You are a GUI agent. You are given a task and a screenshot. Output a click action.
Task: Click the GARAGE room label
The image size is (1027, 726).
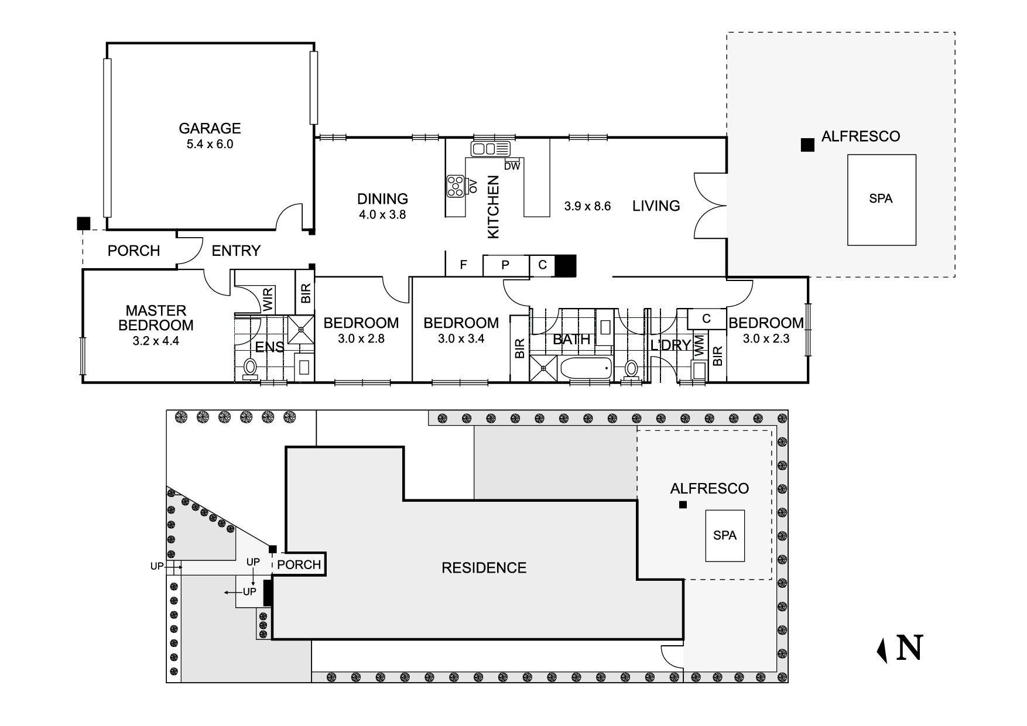click(210, 128)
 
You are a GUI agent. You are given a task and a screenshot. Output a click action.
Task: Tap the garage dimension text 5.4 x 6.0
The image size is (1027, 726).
click(210, 144)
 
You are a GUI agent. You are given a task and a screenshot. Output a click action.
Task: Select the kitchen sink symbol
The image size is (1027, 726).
click(491, 149)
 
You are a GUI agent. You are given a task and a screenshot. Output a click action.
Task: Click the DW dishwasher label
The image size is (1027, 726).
click(512, 166)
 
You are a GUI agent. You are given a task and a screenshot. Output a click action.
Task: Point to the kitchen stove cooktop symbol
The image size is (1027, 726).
click(455, 186)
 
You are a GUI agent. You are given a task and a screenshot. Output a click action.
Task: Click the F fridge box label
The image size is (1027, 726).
click(463, 265)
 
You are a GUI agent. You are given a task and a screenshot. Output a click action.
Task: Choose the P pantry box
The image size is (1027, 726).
click(505, 265)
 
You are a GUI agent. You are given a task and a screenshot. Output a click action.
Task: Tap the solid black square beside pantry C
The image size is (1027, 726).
click(566, 265)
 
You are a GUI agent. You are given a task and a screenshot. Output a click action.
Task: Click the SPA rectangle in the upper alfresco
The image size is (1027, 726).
click(881, 199)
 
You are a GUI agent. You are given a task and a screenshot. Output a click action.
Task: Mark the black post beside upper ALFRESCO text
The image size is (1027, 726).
click(807, 145)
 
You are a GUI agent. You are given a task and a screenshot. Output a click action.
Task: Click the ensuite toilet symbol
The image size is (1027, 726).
click(251, 368)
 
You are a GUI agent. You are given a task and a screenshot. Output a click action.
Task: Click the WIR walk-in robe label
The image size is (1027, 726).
click(268, 300)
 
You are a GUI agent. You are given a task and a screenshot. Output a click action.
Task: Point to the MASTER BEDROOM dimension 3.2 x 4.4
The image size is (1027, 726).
click(156, 341)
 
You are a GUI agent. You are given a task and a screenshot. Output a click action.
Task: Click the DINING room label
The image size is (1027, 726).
click(382, 199)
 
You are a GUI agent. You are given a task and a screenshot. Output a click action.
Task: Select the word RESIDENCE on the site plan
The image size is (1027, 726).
click(484, 567)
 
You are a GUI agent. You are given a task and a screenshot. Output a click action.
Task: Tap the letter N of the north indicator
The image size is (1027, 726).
click(909, 648)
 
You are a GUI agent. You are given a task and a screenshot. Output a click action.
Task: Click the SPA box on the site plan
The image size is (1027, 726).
click(725, 535)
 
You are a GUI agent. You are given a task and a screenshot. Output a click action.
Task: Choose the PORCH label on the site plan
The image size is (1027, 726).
click(299, 564)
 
